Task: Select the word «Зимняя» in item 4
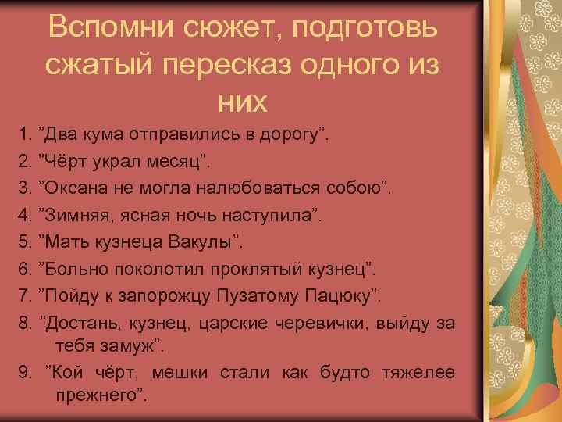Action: [76, 215]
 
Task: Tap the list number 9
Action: [24, 372]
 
